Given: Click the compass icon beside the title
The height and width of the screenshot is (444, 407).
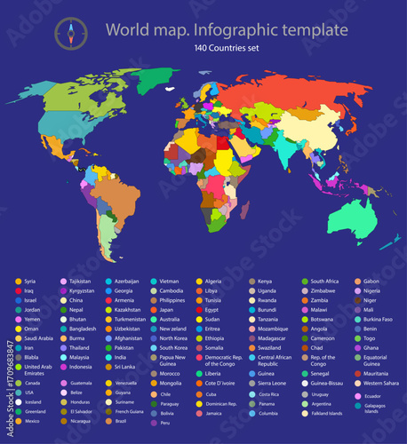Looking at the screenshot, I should pyautogui.click(x=71, y=34).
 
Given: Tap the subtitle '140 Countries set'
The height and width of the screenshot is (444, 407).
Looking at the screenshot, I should pyautogui.click(x=227, y=48).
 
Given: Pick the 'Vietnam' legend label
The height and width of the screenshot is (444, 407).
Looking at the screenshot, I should pyautogui.click(x=171, y=281).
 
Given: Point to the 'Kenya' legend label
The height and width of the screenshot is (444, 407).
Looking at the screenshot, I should pyautogui.click(x=266, y=281).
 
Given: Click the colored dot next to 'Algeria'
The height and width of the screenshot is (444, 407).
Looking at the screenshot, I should pyautogui.click(x=197, y=281).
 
